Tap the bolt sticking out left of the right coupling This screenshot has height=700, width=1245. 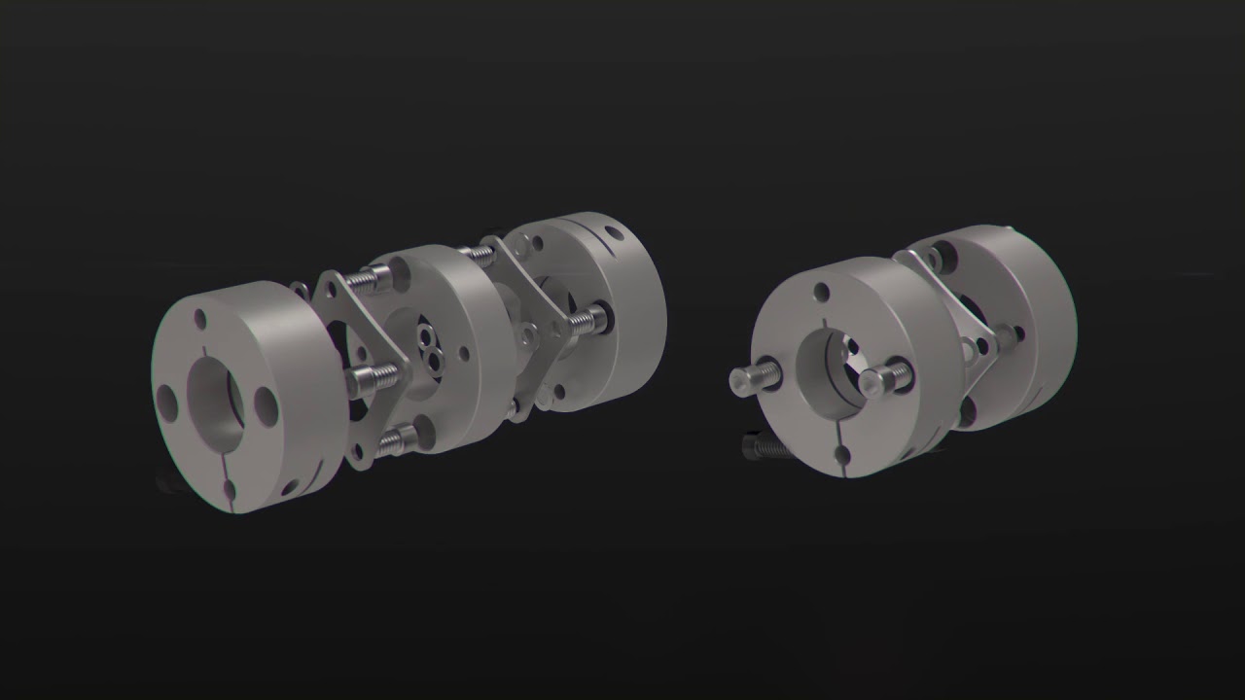coord(750,380)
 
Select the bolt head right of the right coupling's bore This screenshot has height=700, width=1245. coord(885,374)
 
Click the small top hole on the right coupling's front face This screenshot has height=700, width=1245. coord(823,291)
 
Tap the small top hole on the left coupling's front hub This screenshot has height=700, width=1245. coord(200,319)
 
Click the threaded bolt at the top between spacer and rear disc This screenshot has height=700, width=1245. coord(478,254)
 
